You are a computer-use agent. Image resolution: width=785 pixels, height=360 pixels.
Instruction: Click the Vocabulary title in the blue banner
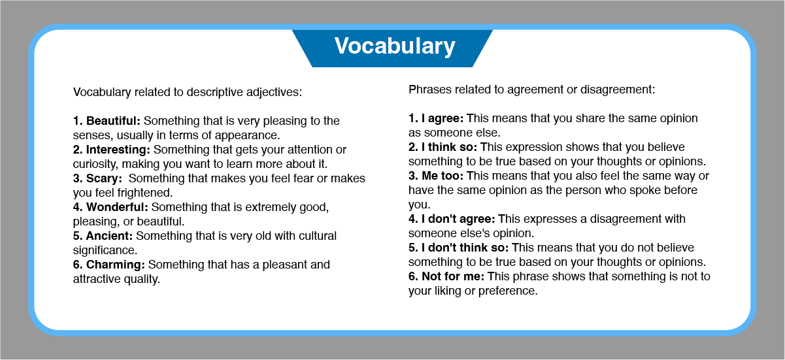(395, 46)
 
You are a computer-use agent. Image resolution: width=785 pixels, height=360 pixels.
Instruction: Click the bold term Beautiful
(113, 121)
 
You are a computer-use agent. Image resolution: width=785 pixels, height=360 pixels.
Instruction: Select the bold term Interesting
(118, 150)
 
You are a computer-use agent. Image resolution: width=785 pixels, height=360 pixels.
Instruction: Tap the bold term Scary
(104, 178)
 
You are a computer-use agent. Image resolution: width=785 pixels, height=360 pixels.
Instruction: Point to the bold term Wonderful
(117, 207)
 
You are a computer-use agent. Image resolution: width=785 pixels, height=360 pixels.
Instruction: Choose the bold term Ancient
(109, 236)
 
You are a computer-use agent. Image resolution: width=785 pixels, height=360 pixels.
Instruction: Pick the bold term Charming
(115, 265)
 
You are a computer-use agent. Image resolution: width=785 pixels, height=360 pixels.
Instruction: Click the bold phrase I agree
(443, 119)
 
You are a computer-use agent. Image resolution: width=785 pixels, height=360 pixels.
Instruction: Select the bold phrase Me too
(443, 176)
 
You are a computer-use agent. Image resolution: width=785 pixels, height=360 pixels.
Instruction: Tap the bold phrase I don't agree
(458, 219)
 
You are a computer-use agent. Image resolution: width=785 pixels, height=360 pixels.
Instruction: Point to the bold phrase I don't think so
(465, 248)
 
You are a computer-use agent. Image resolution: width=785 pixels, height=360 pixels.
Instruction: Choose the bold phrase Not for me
(453, 276)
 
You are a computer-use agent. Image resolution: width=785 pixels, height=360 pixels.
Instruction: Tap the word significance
(105, 251)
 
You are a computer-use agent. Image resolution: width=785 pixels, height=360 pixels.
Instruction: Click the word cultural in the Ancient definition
(318, 236)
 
